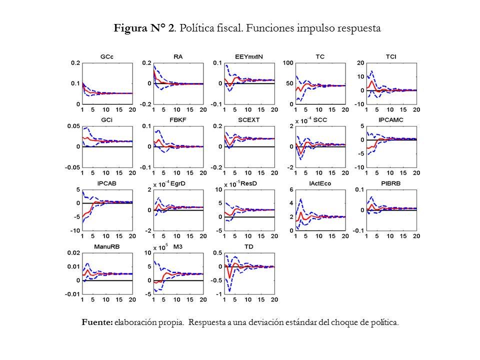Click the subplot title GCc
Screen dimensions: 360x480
click(x=106, y=57)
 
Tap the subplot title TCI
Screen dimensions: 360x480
click(x=391, y=57)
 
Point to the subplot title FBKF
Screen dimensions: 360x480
click(x=177, y=120)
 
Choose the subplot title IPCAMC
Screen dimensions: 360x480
click(x=391, y=120)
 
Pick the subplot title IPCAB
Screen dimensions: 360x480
click(x=106, y=184)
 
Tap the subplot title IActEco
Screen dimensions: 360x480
click(x=320, y=184)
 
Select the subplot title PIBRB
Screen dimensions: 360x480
click(x=391, y=184)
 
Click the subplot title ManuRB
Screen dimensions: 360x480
click(x=106, y=247)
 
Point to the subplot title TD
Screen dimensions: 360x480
click(x=248, y=247)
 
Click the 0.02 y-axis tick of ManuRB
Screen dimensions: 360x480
click(x=73, y=253)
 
